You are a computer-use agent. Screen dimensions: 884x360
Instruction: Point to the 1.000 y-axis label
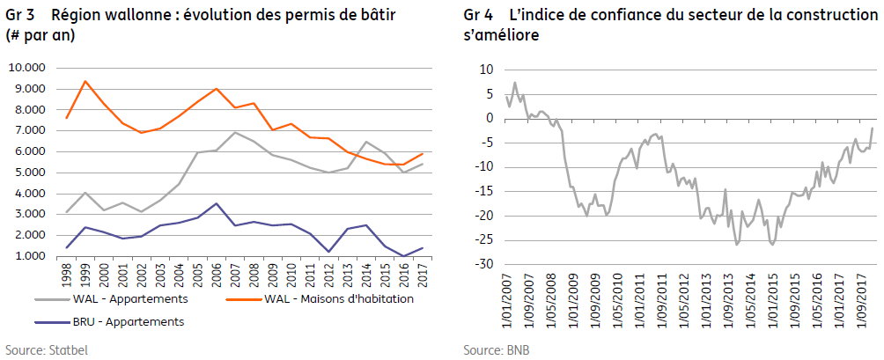tap(28, 256)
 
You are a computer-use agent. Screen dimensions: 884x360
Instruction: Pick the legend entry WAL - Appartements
tap(111, 298)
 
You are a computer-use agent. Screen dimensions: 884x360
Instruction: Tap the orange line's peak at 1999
tap(85, 81)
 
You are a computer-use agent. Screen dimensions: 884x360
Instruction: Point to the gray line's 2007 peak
tap(234, 132)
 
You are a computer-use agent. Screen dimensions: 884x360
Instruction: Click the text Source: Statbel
tap(47, 349)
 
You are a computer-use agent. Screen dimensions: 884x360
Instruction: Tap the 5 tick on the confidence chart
tap(490, 94)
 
